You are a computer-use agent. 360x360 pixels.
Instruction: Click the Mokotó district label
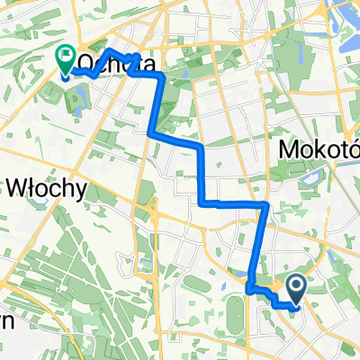pyautogui.click(x=319, y=148)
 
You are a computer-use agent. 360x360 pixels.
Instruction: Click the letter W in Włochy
pyautogui.click(x=18, y=188)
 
